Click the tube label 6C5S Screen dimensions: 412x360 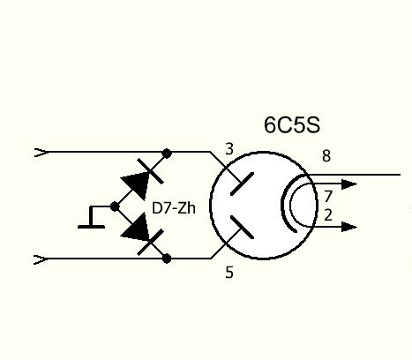pyautogui.click(x=292, y=125)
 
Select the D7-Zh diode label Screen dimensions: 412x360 pyautogui.click(x=174, y=208)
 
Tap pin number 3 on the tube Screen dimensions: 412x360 pyautogui.click(x=229, y=149)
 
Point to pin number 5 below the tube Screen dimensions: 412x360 pyautogui.click(x=229, y=273)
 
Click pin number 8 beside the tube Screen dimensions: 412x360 pyautogui.click(x=326, y=156)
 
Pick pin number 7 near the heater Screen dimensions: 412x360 pyautogui.click(x=328, y=196)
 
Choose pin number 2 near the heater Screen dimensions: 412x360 pyautogui.click(x=328, y=215)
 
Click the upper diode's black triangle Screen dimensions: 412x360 pyautogui.click(x=137, y=184)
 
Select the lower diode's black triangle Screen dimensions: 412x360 pyautogui.click(x=137, y=229)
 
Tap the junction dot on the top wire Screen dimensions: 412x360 pyautogui.click(x=167, y=154)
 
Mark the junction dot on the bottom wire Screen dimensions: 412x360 pyautogui.click(x=167, y=259)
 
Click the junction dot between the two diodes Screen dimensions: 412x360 pyautogui.click(x=115, y=206)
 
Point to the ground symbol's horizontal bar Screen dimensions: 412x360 pyautogui.click(x=91, y=227)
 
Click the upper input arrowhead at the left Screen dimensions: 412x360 pyautogui.click(x=41, y=153)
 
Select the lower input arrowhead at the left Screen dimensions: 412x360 pyautogui.click(x=41, y=260)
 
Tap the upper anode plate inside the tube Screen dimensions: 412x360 pyautogui.click(x=242, y=184)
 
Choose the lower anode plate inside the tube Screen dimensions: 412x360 pyautogui.click(x=242, y=227)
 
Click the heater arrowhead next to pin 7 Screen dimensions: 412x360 pyautogui.click(x=349, y=184)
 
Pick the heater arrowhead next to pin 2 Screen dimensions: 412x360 pyautogui.click(x=349, y=227)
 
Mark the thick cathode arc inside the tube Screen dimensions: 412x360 pyautogui.click(x=283, y=204)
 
